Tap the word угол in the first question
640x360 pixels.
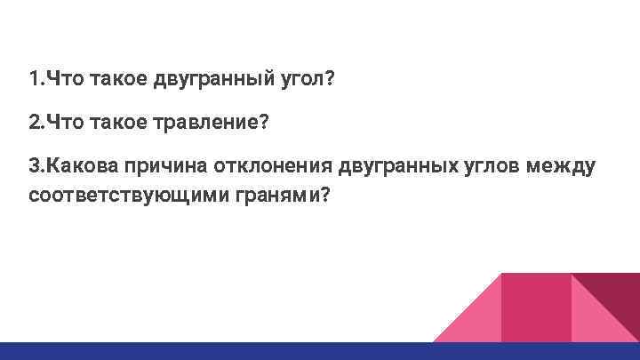point(302,81)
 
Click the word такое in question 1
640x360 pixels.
point(118,81)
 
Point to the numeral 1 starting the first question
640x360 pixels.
point(33,81)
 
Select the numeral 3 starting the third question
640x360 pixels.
point(34,165)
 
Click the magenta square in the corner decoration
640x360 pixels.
point(535,307)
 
